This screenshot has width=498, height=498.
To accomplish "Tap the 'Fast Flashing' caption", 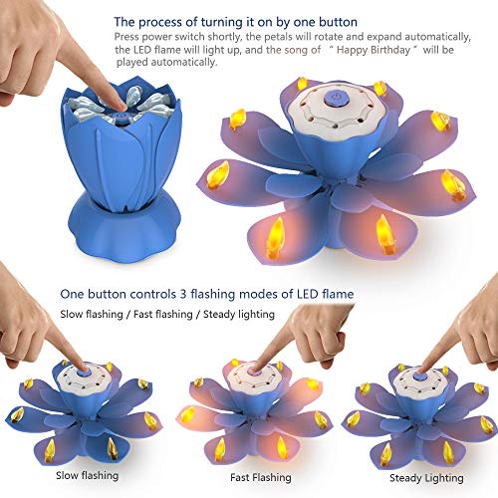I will click(x=249, y=476).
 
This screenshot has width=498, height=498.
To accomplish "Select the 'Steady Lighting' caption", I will click(x=413, y=476).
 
